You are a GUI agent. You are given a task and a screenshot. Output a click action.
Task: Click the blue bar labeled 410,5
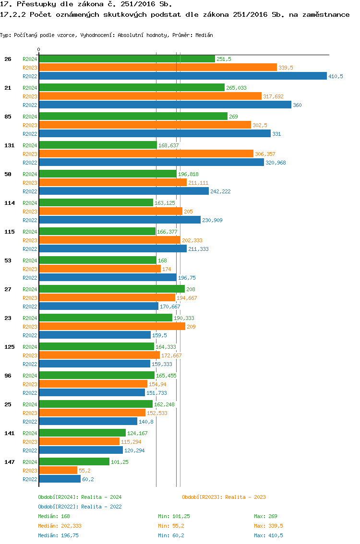182,76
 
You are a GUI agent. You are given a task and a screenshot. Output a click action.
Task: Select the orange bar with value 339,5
158,67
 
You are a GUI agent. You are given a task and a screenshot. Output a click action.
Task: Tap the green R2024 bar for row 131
97,145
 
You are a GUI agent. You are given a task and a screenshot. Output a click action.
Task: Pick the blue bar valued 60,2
60,479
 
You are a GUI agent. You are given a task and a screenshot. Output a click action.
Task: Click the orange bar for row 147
58,470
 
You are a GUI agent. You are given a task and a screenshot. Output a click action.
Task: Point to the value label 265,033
236,88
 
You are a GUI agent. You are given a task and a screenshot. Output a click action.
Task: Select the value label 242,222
221,191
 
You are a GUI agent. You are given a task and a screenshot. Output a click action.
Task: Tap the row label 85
8,117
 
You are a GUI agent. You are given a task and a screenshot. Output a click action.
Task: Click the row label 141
9,433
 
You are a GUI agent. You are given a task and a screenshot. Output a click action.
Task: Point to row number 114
9,203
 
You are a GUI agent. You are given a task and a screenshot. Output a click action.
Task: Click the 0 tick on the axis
39,49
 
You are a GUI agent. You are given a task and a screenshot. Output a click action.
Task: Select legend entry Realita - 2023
224,497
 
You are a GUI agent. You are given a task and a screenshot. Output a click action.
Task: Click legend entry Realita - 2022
80,507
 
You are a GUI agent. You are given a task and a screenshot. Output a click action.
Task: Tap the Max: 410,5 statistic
268,535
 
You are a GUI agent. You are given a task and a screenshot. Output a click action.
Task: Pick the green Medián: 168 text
54,516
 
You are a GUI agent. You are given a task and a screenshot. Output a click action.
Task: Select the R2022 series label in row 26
30,76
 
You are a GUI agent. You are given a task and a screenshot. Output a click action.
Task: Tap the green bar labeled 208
111,289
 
